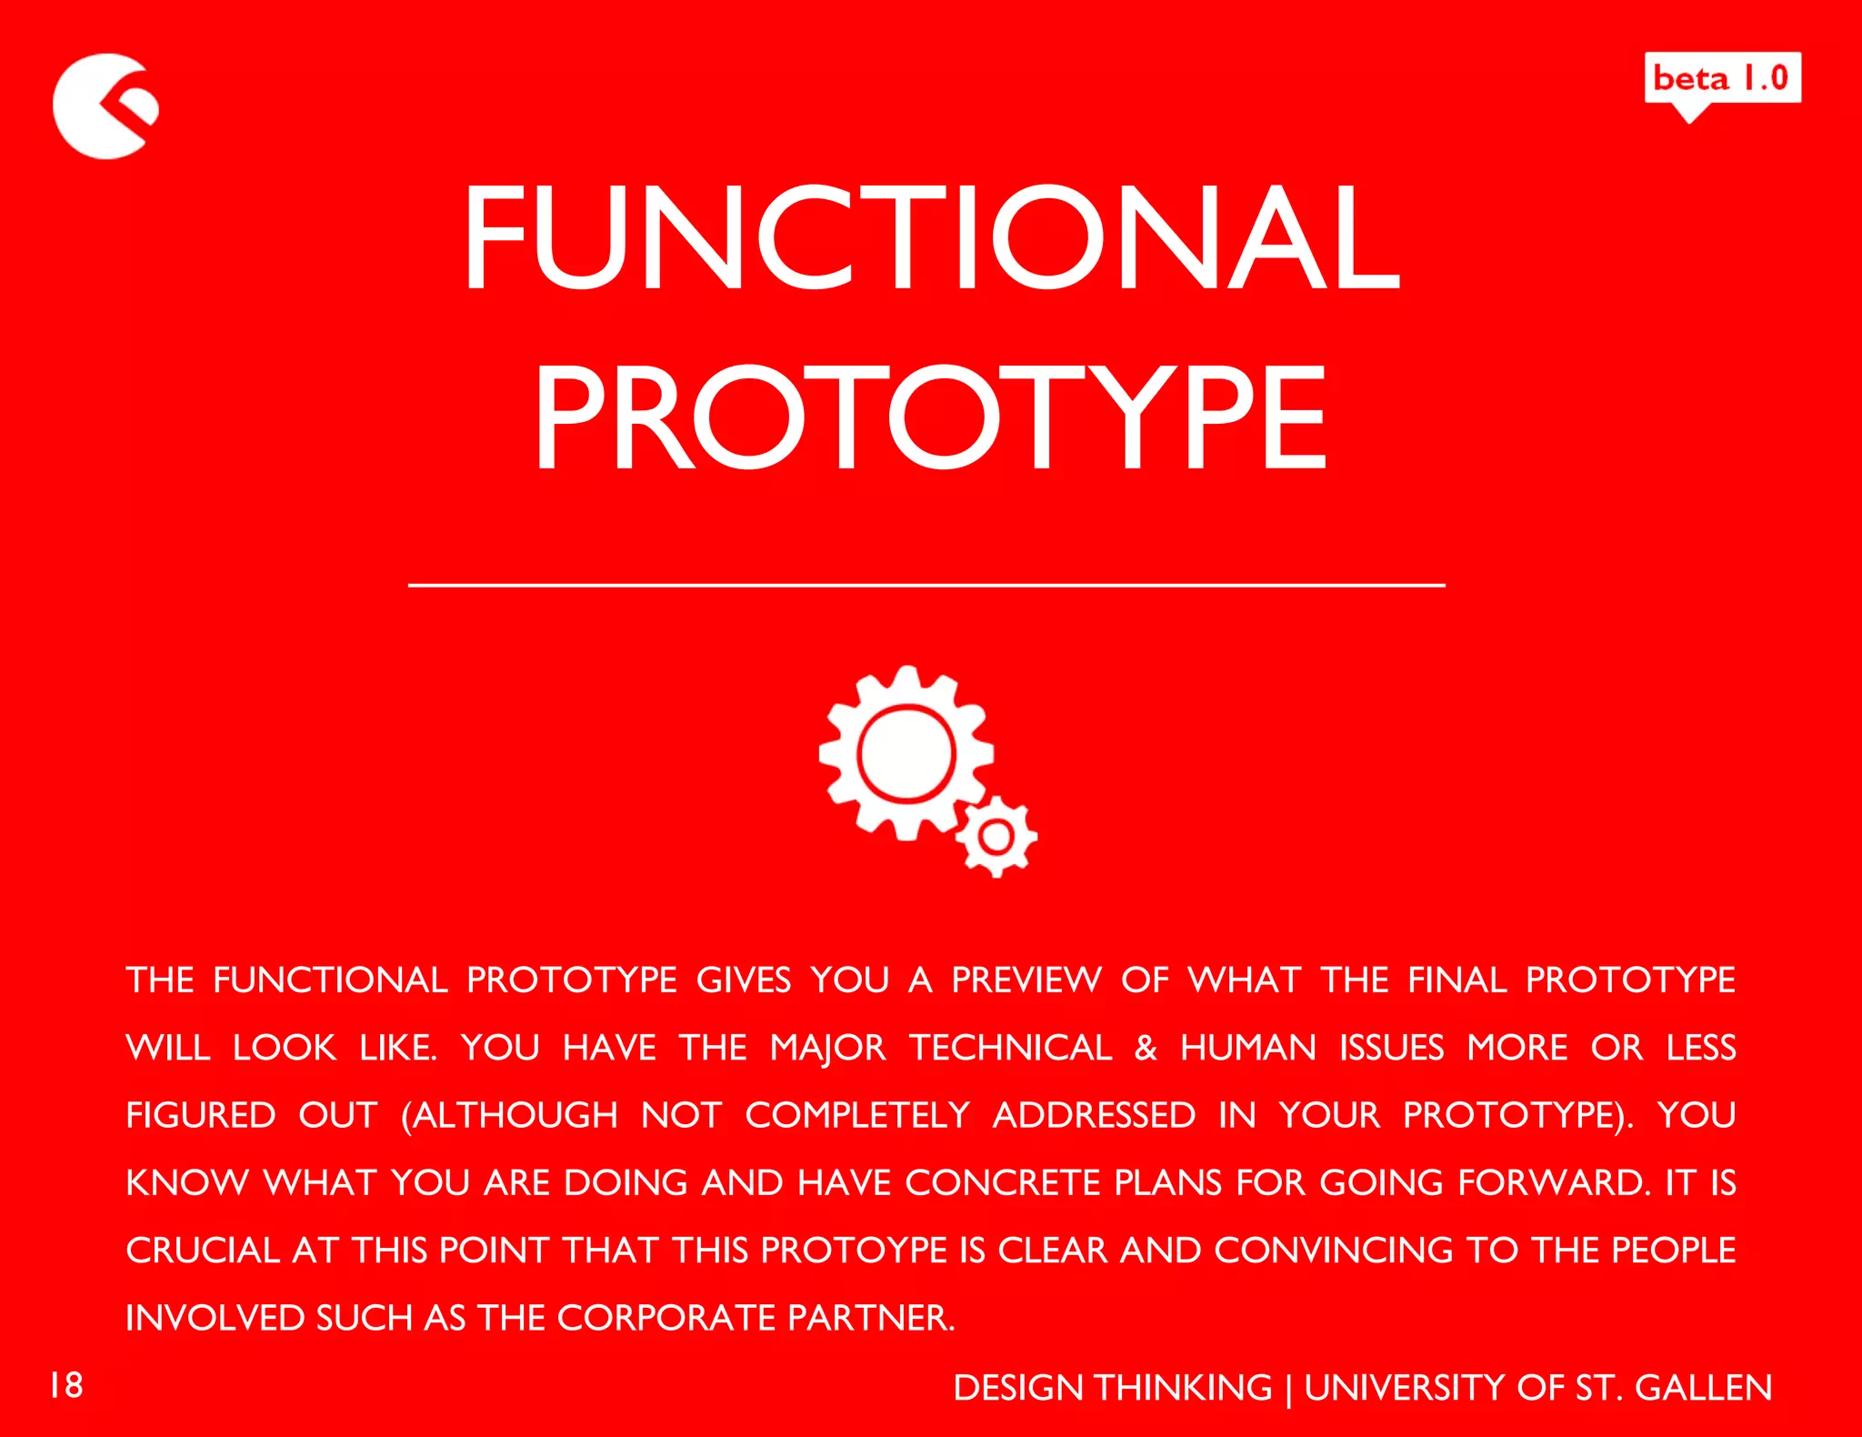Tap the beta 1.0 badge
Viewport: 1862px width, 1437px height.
pos(1722,78)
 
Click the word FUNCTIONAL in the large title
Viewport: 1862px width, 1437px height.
pos(931,237)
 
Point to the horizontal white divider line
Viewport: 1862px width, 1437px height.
pos(926,586)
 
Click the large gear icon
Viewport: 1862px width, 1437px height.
pos(906,753)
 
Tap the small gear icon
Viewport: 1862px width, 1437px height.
pos(996,836)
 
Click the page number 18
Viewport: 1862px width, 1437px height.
pos(66,1385)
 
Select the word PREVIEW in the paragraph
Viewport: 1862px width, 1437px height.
pos(1026,980)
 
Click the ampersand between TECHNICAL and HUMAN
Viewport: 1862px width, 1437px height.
pos(1146,1048)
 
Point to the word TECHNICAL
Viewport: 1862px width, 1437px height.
pos(1010,1048)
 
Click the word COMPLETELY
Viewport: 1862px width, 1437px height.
pos(857,1115)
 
